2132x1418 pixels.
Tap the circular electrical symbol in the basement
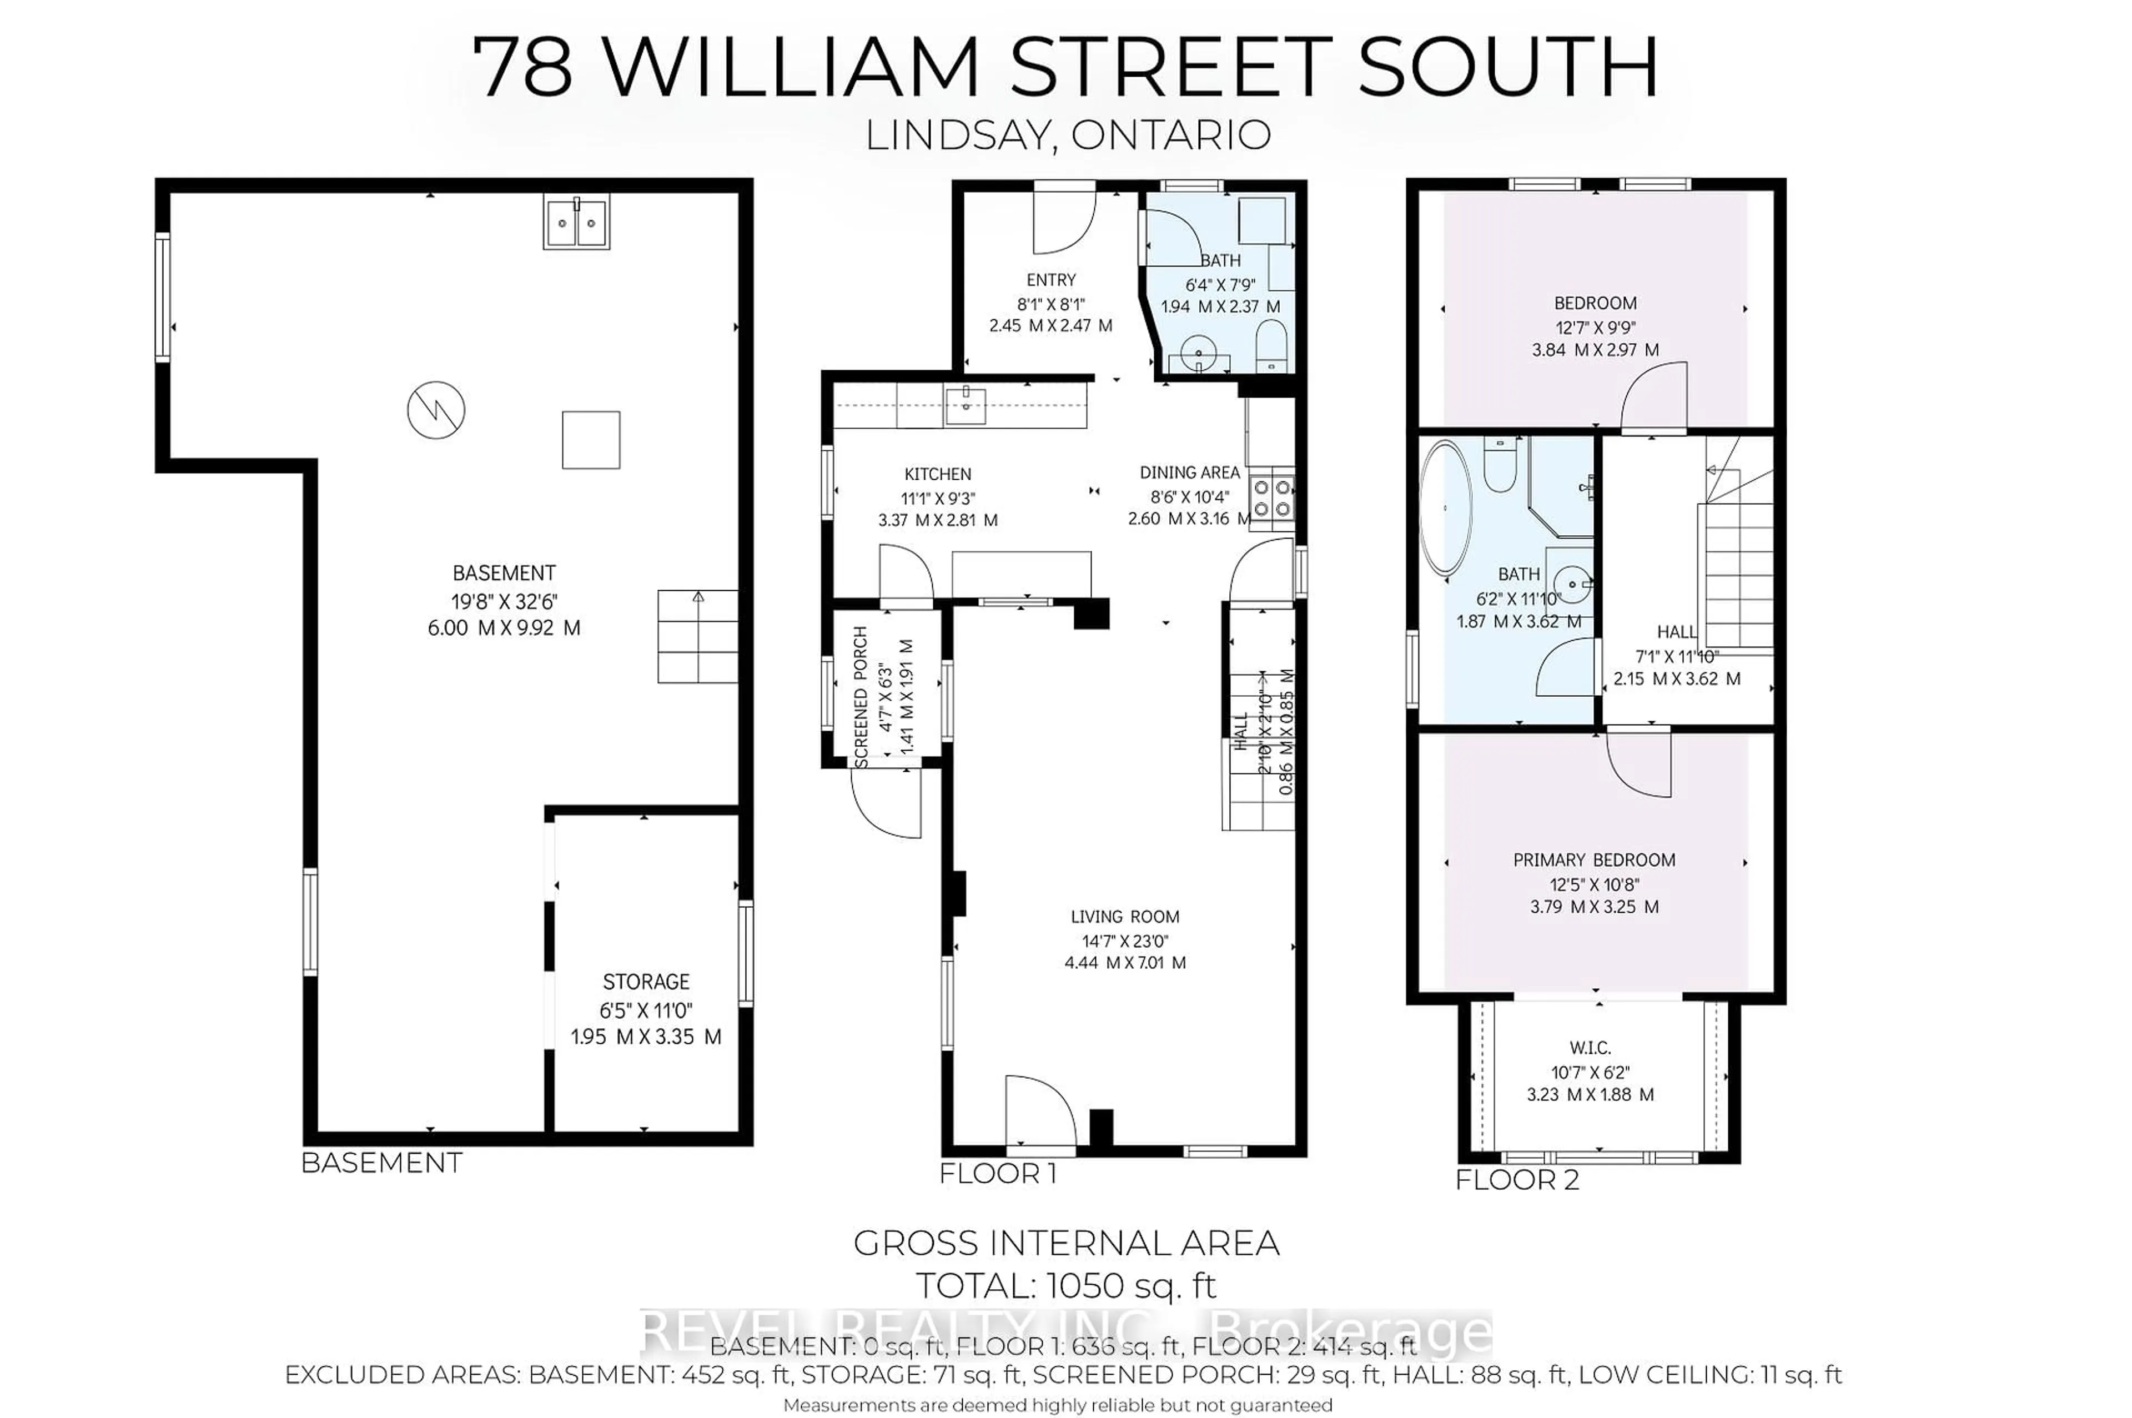point(436,410)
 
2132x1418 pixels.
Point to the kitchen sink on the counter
point(966,405)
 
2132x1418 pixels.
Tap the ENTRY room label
point(1050,279)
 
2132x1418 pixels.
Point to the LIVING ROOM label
point(1125,916)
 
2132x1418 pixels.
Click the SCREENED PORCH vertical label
point(861,696)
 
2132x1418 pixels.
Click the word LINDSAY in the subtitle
point(958,135)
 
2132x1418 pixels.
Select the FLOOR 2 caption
point(1516,1180)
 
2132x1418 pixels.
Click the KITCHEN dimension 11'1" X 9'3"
point(938,497)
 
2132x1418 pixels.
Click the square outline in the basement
point(590,440)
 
